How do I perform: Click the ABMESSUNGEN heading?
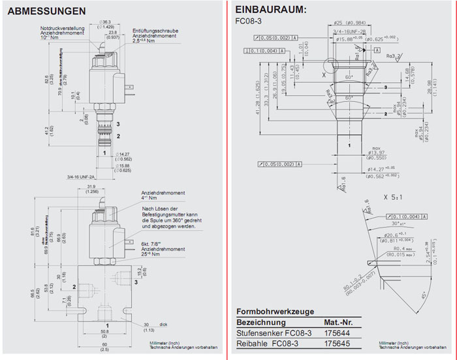[x=46, y=11]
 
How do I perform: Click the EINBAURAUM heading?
[x=270, y=10]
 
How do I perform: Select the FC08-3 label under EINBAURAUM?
[x=248, y=21]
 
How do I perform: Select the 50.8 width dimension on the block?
[x=106, y=331]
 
